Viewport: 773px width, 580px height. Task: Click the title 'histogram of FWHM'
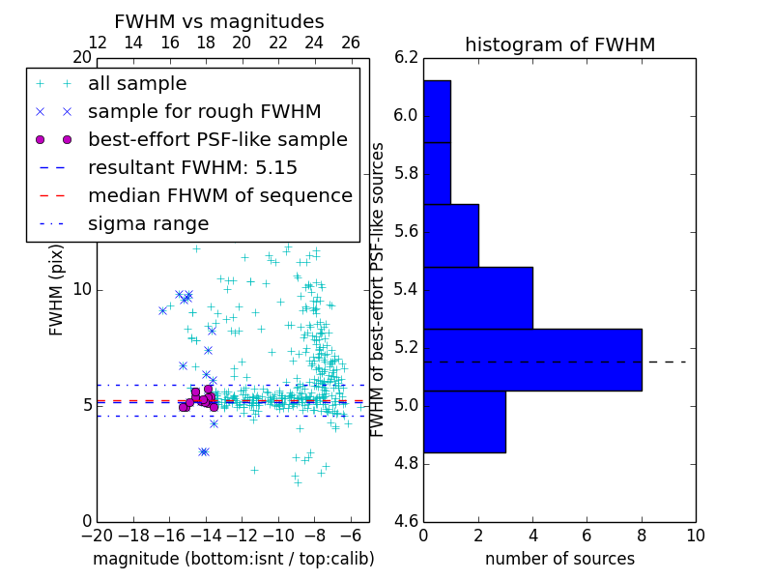[559, 44]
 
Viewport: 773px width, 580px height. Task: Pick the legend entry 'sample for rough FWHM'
[204, 112]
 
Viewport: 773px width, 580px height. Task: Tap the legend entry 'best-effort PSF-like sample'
[217, 140]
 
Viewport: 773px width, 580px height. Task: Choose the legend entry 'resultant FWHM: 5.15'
[192, 168]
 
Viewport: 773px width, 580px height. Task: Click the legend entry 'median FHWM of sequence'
[219, 196]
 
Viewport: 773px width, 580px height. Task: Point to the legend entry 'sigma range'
[148, 224]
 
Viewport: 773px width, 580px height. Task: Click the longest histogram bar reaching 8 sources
[532, 360]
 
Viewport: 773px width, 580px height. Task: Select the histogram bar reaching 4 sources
[478, 298]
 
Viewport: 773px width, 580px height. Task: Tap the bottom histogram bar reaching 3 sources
[464, 421]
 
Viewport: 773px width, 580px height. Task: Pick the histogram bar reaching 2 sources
[450, 235]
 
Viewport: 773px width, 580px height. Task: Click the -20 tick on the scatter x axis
[97, 536]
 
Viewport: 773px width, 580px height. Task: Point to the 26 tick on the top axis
[351, 43]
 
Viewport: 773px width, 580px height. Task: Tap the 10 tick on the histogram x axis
[695, 536]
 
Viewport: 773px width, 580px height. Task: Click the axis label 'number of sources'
[559, 559]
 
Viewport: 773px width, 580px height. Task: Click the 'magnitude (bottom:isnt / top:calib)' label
[233, 559]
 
